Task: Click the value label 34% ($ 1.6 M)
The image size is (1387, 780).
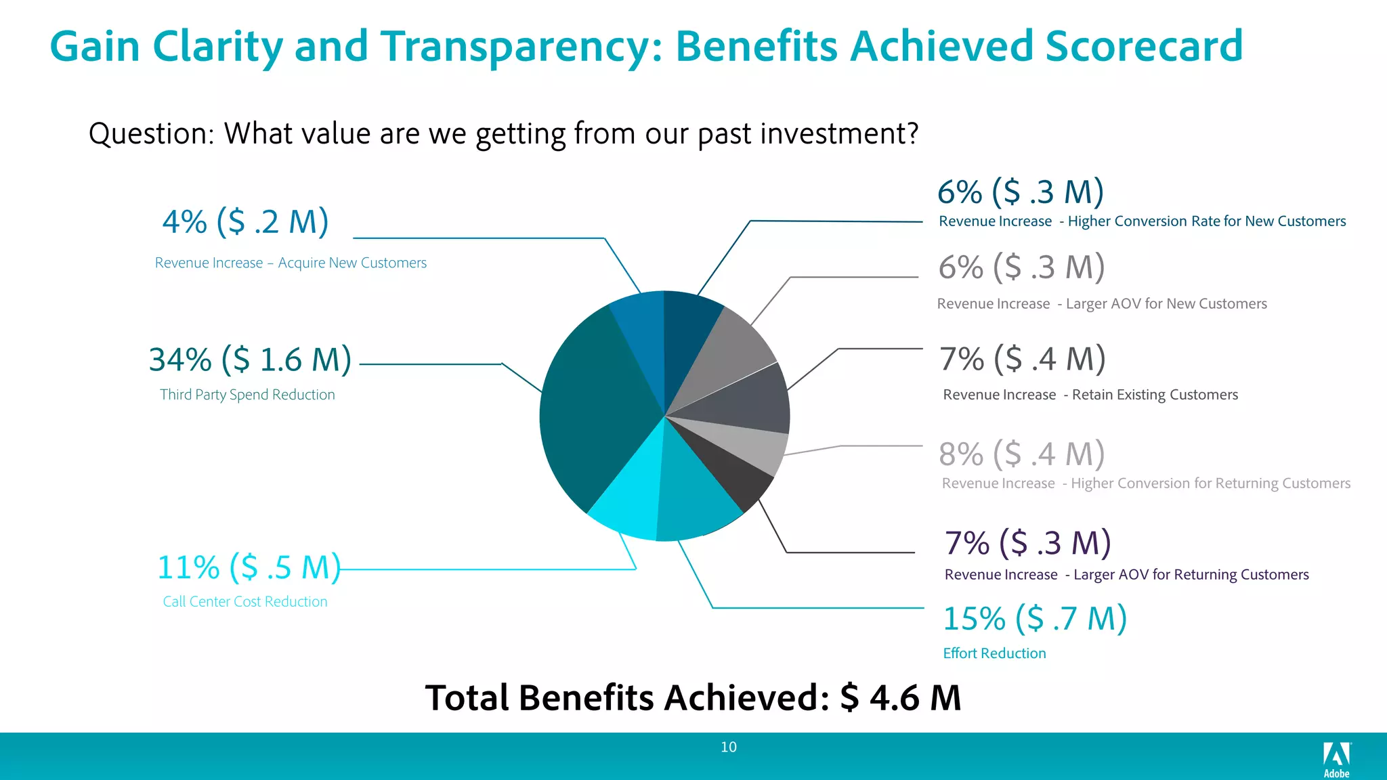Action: [x=250, y=360]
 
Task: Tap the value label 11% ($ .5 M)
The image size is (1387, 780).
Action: [x=249, y=567]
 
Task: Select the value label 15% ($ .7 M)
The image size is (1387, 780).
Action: [x=1034, y=619]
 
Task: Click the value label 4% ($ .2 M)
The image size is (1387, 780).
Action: [x=245, y=222]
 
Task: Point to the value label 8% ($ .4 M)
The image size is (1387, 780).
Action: [x=1021, y=454]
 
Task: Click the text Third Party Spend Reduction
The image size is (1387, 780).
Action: [x=247, y=395]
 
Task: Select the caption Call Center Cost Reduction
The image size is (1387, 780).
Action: [x=245, y=602]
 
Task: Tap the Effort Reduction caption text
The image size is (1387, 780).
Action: [x=994, y=653]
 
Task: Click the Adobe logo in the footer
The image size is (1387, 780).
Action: [x=1336, y=759]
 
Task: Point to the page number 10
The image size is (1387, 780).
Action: [x=729, y=747]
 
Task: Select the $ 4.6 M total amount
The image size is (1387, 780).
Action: [x=901, y=698]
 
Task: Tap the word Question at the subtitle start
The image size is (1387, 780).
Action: [x=151, y=133]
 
